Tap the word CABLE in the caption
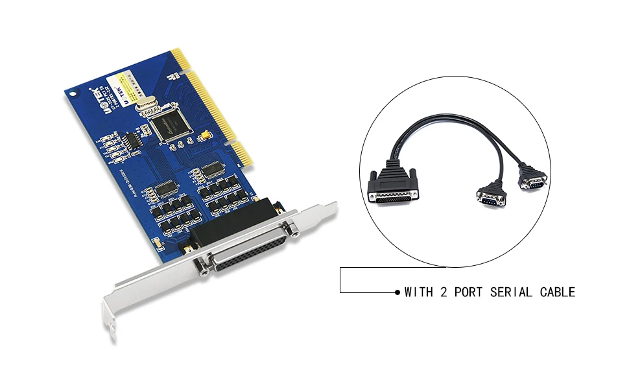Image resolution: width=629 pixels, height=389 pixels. [x=558, y=292]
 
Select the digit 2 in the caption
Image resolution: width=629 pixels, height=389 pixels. [x=444, y=292]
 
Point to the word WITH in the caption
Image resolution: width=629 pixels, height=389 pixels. [x=419, y=292]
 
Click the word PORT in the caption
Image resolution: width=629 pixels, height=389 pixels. [x=468, y=292]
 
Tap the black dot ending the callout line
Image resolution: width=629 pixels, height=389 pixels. [x=398, y=292]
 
